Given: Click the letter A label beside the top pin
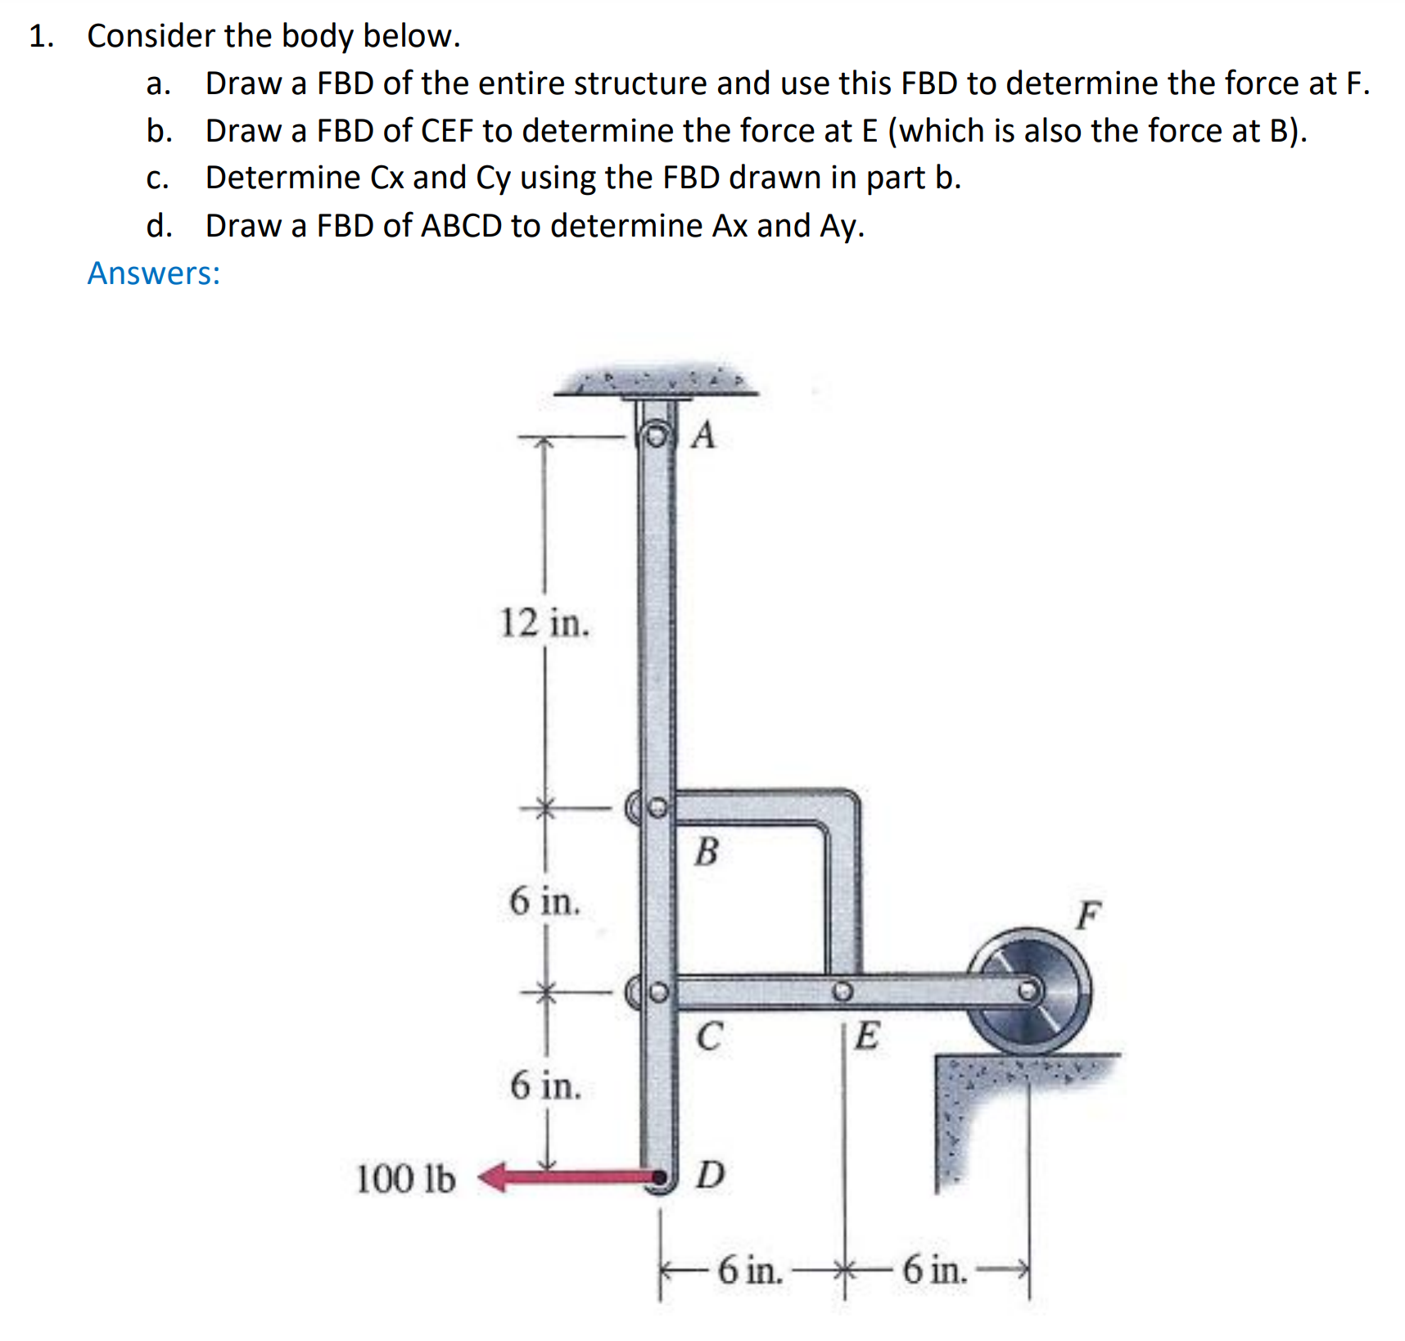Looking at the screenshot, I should coord(703,436).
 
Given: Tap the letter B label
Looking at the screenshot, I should coord(707,852).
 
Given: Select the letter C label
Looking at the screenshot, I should coord(709,1036).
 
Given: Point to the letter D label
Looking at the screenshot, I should coord(710,1175).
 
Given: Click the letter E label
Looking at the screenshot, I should coord(867,1036).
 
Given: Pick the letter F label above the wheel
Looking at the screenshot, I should coord(1088,914).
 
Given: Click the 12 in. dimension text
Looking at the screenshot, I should coord(544,623).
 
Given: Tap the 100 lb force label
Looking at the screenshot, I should coord(405,1180).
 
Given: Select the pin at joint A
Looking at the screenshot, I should coord(655,435).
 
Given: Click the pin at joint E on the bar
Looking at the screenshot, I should coord(843,992).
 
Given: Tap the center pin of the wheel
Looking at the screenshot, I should coord(1028,991).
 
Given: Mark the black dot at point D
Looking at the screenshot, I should coord(657,1178).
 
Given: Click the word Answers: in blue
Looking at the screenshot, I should coord(154,273).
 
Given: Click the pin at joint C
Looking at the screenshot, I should coord(657,993).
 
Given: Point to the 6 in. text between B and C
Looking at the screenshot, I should coord(544,902).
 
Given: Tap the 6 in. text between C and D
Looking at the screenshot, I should coord(545,1086).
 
